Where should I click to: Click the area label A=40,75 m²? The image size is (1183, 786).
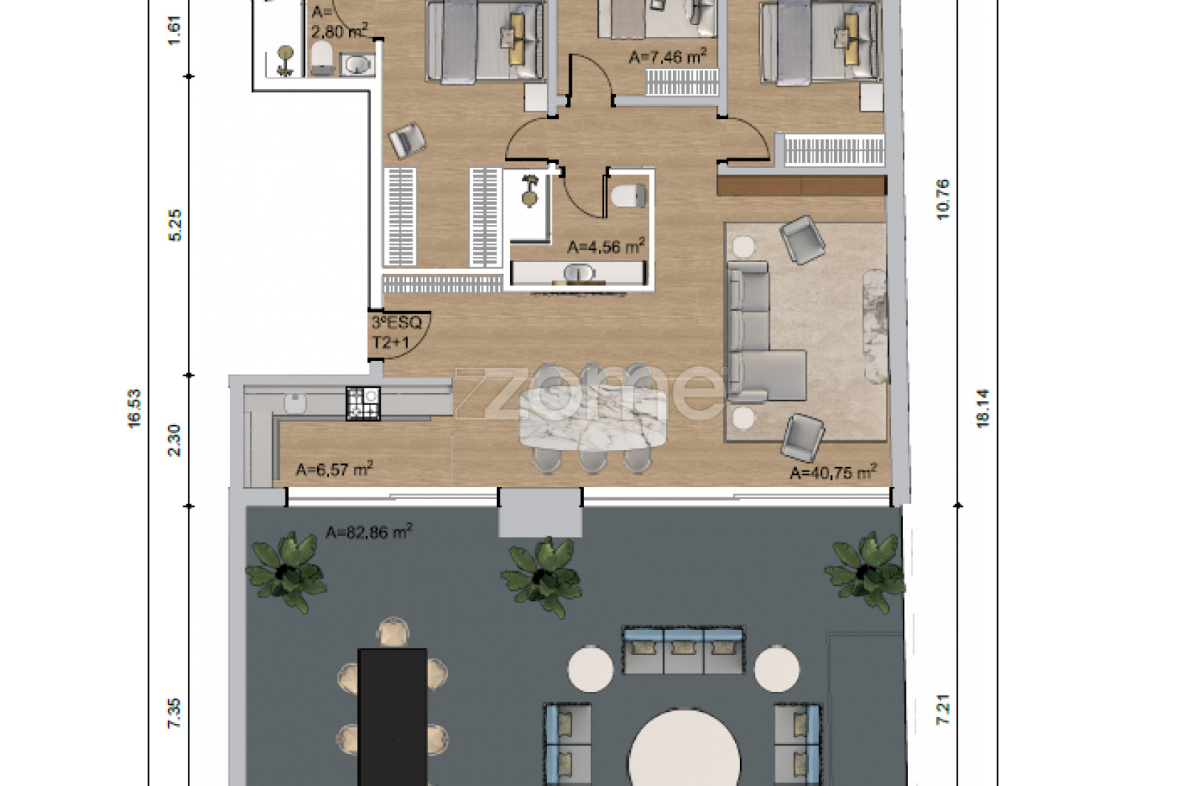833,472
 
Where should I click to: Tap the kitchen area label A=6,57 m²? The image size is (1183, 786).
334,468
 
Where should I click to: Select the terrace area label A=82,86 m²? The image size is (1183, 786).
369,531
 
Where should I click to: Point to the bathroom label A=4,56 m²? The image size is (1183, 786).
606,246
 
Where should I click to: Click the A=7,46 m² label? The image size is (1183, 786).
668,56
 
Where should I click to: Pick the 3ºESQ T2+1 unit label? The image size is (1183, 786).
396,333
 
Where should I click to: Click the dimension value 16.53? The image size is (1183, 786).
135,409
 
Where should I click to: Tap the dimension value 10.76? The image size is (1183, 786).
943,200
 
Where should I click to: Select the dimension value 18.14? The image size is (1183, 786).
983,409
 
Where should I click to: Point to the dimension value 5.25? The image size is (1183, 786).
174,226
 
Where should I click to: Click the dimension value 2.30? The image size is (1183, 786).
174,440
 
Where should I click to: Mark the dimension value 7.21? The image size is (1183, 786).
943,710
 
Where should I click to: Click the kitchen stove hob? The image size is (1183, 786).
363,404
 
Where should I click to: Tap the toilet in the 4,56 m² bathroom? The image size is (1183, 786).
628,195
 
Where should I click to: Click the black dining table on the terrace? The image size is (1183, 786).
393,716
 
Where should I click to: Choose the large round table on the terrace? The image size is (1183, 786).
685,748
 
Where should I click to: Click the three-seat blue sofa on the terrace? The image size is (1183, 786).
683,650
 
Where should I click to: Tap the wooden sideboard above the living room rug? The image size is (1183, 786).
801,186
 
